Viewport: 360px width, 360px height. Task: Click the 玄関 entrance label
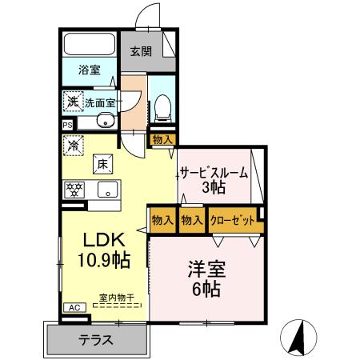pos(141,52)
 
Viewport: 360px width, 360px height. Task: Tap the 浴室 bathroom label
pos(89,70)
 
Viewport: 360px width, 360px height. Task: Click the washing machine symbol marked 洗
pos(73,102)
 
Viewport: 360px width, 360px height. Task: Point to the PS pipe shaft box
pos(67,125)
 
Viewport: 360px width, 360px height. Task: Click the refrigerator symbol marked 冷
pos(74,146)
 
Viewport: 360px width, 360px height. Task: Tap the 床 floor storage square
pos(103,163)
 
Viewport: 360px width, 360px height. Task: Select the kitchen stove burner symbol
pos(75,190)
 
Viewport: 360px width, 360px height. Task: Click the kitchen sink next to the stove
pos(106,190)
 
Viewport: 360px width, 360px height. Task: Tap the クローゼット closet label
pos(234,219)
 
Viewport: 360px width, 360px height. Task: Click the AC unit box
pos(72,307)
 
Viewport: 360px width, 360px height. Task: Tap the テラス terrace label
pos(95,340)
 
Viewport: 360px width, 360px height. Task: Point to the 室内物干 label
pos(116,298)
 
